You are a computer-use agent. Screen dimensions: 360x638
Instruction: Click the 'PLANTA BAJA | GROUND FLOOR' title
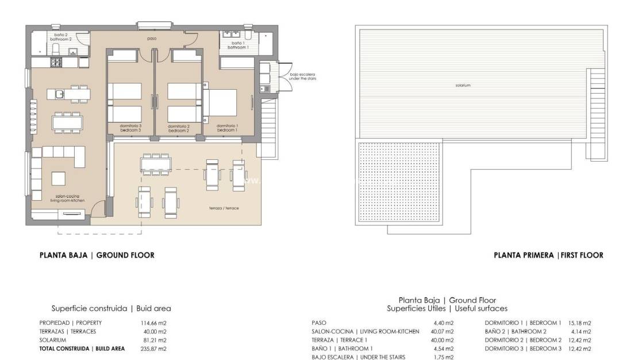[x=97, y=255]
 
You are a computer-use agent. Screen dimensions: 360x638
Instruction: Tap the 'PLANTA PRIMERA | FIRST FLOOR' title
[x=548, y=255]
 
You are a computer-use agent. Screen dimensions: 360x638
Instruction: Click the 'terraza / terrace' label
[x=225, y=208]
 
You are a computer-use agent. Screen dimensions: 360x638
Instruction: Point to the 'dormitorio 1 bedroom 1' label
[x=228, y=128]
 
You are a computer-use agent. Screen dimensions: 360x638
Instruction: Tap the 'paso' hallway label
[x=152, y=39]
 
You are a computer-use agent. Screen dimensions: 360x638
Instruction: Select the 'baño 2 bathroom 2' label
[x=63, y=37]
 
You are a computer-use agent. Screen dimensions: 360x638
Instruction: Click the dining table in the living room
[x=67, y=122]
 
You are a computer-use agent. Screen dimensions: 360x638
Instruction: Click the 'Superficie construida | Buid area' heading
[x=111, y=308]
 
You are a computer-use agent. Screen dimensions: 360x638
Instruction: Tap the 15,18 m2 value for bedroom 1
[x=579, y=323]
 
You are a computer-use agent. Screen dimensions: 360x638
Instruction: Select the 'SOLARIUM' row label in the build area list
[x=53, y=340]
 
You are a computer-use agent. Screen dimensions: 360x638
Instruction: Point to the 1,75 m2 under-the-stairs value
[x=443, y=357]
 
